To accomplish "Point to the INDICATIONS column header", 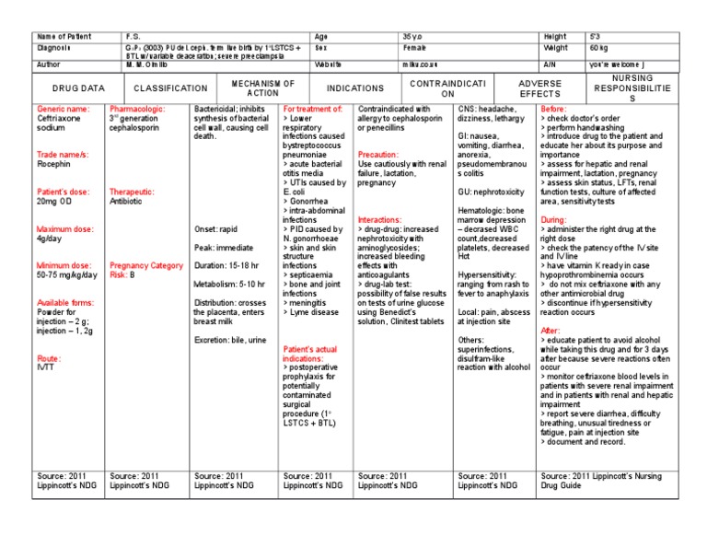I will pos(354,87).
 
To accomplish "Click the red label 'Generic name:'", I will pos(63,109).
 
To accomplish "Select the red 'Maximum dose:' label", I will pos(67,229).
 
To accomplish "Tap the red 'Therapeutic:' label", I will pos(132,192).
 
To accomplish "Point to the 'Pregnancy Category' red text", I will pos(146,265).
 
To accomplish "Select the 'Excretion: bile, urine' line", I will pos(231,340).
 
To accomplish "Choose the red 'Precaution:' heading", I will pos(378,155).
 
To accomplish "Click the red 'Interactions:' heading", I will pos(380,220).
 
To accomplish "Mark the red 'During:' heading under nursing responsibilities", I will pos(553,220).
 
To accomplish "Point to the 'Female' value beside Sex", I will pos(415,46).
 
